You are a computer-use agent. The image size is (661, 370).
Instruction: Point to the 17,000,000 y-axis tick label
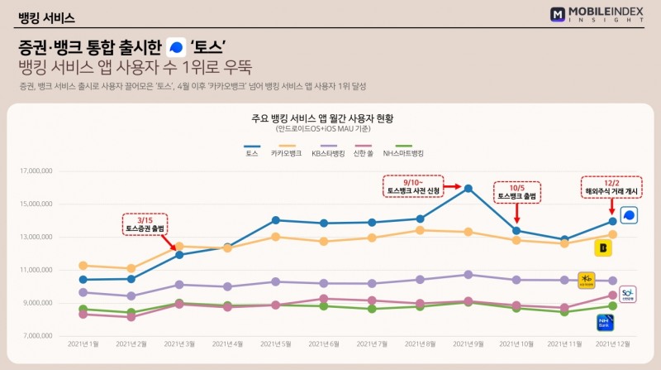tap(36, 171)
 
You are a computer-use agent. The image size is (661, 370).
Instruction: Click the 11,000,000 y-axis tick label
tap(36, 270)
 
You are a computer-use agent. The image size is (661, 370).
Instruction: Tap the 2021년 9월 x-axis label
tap(468, 343)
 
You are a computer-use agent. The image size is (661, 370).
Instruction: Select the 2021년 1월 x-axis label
tap(83, 343)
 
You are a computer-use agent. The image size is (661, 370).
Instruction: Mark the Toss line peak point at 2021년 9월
tap(468, 188)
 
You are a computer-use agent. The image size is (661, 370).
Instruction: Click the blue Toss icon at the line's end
tap(630, 215)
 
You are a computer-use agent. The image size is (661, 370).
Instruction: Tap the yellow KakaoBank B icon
tap(603, 246)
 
